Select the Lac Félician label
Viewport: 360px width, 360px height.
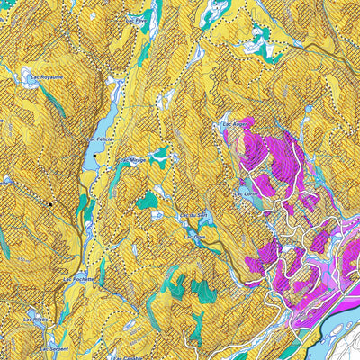pos(103,141)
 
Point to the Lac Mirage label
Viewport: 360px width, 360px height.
pos(133,159)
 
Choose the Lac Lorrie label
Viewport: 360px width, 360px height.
pos(246,193)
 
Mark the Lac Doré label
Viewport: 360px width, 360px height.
pos(196,238)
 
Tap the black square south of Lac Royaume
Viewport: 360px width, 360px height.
pos(51,204)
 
